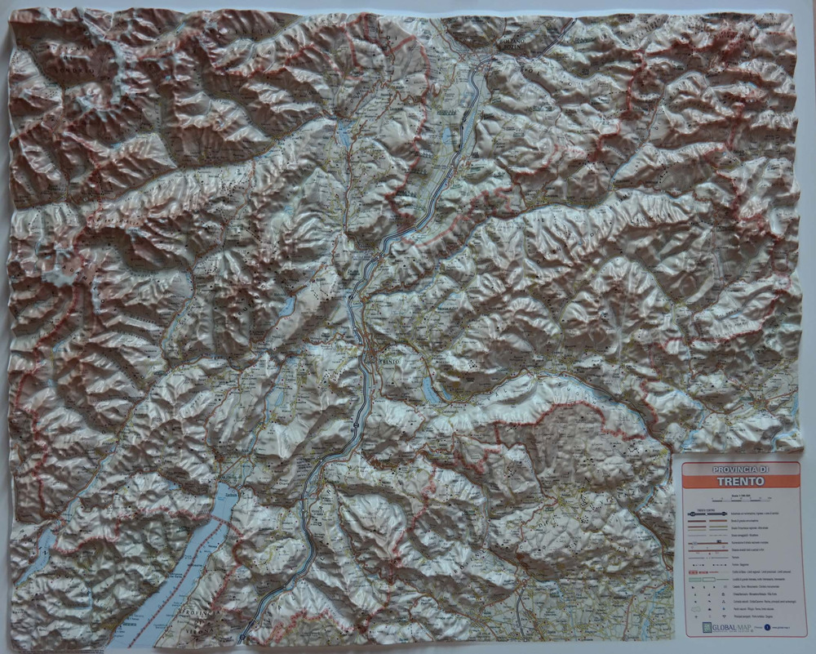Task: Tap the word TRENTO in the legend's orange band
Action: tap(741, 481)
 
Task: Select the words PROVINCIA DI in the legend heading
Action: tap(740, 469)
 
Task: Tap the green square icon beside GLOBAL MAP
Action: tap(707, 627)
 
